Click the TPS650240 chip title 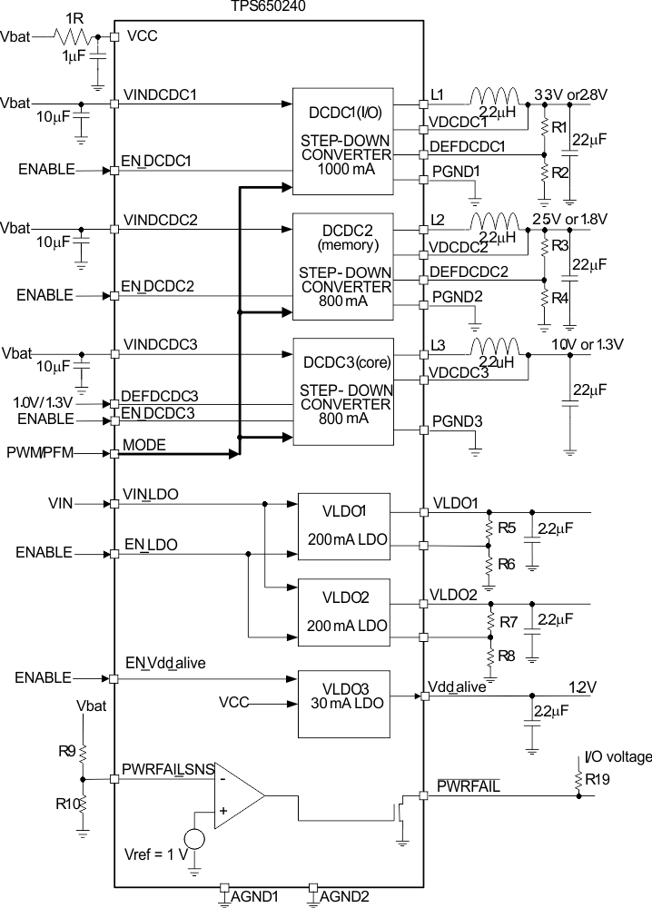tap(269, 5)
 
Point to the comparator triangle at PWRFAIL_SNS tap(236, 795)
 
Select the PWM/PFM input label tap(37, 452)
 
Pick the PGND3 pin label tap(456, 420)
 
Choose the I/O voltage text tap(617, 756)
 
